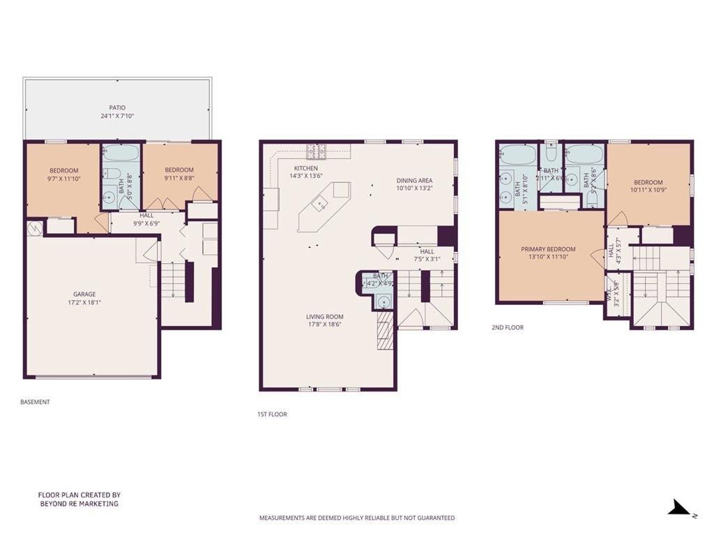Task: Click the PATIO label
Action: (x=116, y=107)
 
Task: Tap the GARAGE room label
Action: (x=84, y=294)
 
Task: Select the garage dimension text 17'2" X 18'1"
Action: (x=84, y=302)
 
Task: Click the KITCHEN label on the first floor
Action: (x=305, y=168)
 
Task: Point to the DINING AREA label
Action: (x=414, y=180)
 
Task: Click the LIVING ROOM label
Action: (x=324, y=316)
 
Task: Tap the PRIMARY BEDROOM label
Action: (x=548, y=249)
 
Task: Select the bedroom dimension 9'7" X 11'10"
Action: (x=63, y=179)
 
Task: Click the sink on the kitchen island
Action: (x=321, y=204)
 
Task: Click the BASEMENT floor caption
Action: (x=35, y=402)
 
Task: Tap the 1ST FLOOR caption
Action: (x=272, y=415)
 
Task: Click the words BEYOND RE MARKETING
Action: (x=79, y=503)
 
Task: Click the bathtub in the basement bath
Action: (x=121, y=154)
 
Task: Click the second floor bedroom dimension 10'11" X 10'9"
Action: (x=649, y=188)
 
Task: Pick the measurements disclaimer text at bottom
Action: (x=357, y=518)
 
